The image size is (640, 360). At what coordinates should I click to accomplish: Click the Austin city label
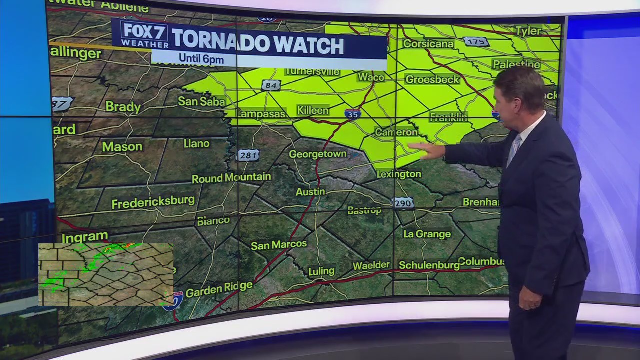[310, 192]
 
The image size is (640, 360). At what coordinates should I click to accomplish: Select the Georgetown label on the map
[318, 154]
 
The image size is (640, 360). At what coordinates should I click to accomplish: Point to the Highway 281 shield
[248, 155]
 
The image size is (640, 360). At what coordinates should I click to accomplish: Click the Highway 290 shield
[403, 203]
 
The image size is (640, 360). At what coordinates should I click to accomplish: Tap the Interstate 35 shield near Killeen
[353, 114]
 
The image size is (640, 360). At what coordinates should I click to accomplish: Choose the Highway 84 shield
[270, 86]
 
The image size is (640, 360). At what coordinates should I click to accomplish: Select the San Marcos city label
[279, 244]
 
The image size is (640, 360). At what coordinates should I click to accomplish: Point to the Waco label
[371, 77]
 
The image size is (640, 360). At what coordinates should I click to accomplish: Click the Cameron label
[396, 132]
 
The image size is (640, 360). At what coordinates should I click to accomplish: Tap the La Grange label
[427, 234]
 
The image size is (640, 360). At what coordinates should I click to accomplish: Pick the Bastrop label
[364, 210]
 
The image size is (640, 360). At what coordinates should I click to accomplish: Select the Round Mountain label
[231, 177]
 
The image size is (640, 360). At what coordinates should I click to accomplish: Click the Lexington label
[399, 174]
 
